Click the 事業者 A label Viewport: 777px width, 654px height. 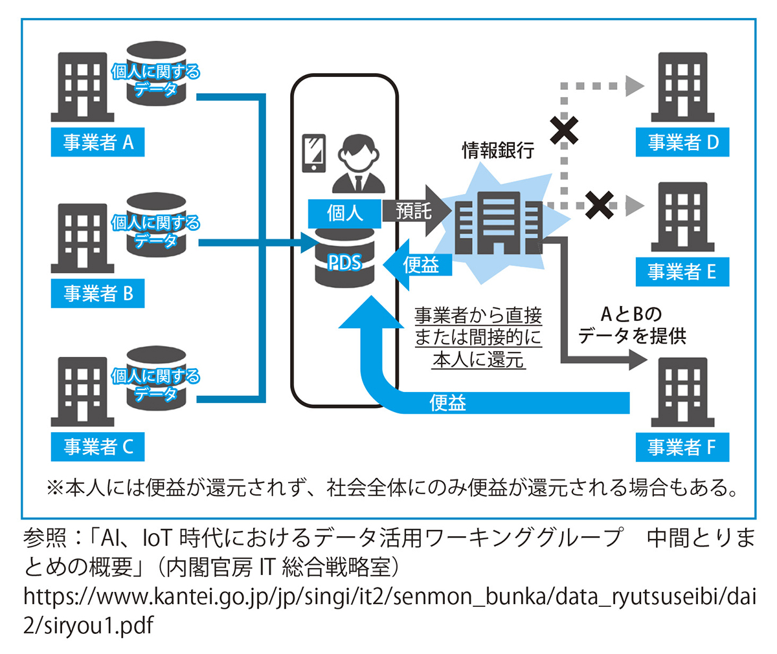(x=98, y=142)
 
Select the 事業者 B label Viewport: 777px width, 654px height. (x=98, y=294)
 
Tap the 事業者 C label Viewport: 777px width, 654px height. (x=98, y=447)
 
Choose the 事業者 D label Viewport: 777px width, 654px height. (x=682, y=142)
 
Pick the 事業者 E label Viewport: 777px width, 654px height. (x=682, y=272)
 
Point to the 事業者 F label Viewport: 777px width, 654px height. (x=682, y=447)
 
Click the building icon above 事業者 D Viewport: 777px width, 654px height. (x=682, y=87)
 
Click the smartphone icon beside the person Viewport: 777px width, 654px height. (x=314, y=153)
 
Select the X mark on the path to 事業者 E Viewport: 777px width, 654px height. (x=600, y=204)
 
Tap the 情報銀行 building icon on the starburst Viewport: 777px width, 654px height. (x=497, y=223)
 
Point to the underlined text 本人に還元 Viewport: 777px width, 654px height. (x=478, y=360)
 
